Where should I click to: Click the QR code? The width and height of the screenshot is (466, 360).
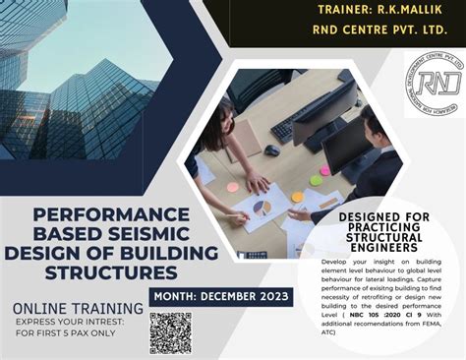170,331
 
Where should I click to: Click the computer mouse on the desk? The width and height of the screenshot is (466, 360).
272,150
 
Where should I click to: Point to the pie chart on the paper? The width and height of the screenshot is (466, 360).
262,208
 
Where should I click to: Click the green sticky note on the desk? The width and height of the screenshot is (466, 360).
316,180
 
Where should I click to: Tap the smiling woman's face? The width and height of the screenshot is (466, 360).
218,110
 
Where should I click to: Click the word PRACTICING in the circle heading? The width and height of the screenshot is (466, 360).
383,227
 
